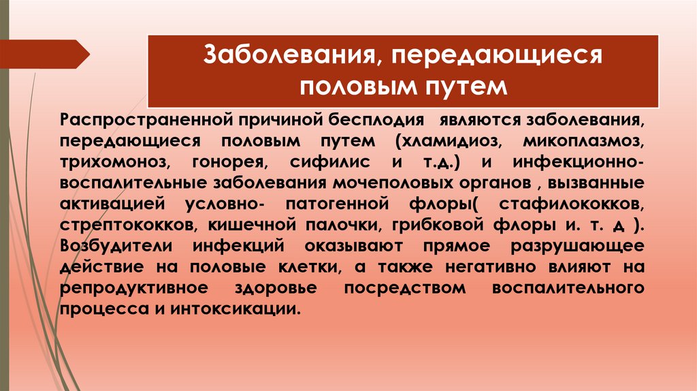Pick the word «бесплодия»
click(370, 121)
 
